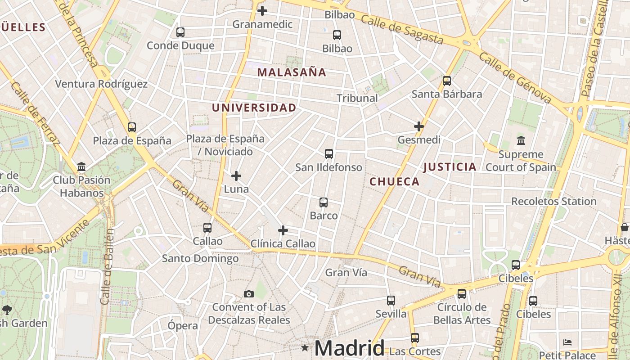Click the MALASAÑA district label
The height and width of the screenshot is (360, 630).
coord(292,72)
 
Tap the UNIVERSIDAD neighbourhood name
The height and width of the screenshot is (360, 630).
coord(254,108)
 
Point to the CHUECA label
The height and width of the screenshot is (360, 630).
coord(394,182)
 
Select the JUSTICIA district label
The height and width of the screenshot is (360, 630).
coord(450,167)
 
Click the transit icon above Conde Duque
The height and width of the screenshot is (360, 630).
coord(180,32)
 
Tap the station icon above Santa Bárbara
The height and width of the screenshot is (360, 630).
coord(446,81)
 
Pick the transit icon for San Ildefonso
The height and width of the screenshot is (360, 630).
coord(329,154)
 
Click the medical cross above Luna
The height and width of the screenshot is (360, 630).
coord(236,176)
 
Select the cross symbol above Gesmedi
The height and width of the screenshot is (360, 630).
coord(419,126)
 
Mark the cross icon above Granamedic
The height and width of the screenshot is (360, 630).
coord(262,11)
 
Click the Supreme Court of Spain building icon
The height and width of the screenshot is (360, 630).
coord(521,141)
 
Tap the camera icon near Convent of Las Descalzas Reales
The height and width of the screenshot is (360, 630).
coord(248,294)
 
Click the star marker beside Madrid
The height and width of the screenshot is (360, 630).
coord(305,347)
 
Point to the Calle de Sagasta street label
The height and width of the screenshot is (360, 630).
coord(402,31)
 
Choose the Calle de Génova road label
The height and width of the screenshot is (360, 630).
coord(515,77)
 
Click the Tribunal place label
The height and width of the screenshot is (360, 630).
coord(357,98)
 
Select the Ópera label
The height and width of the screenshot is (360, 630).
coord(183,326)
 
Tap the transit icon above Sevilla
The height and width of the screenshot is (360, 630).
coord(391,300)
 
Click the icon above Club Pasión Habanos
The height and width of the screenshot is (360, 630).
coord(81,167)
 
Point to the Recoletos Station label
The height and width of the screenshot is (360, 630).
coord(553,201)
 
